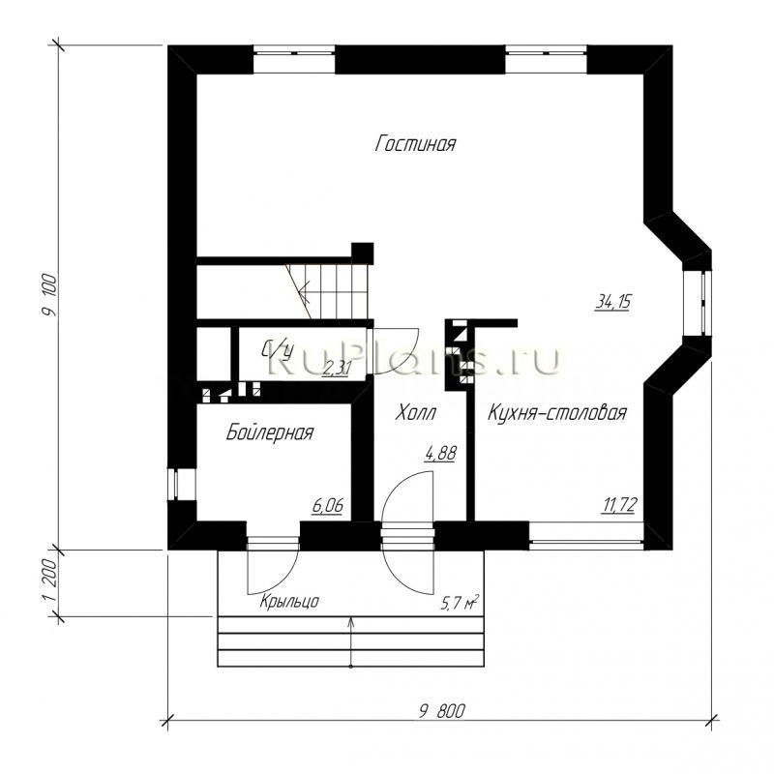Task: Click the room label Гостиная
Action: [x=415, y=145]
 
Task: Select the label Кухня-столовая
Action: [x=557, y=413]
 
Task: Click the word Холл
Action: [x=416, y=413]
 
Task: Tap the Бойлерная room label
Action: [x=270, y=432]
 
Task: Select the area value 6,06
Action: [x=328, y=504]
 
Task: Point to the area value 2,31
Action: [x=337, y=368]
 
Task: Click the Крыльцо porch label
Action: [x=289, y=602]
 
